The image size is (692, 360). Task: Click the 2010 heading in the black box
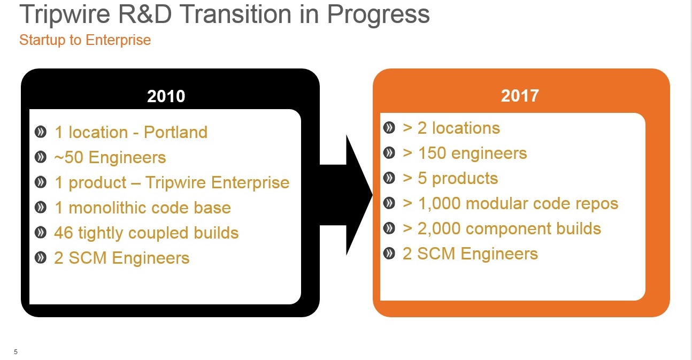pos(166,96)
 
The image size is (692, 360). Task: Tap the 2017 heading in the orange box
pos(520,96)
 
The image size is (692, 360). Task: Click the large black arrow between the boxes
pos(346,195)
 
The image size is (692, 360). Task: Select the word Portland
pos(175,132)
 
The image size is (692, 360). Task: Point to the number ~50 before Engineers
pos(68,157)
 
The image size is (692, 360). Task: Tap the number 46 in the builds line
pos(64,232)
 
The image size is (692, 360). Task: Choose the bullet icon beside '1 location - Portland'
pos(41,132)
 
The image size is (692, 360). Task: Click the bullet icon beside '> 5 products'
pos(389,178)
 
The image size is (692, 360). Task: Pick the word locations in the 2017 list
pos(466,128)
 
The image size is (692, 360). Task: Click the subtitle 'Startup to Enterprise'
pos(85,40)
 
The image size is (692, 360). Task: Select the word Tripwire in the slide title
pos(65,14)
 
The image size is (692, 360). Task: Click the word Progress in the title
pos(378,15)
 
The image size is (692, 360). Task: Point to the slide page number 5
pos(16,351)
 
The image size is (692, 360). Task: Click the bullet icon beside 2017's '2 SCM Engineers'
pos(389,254)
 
